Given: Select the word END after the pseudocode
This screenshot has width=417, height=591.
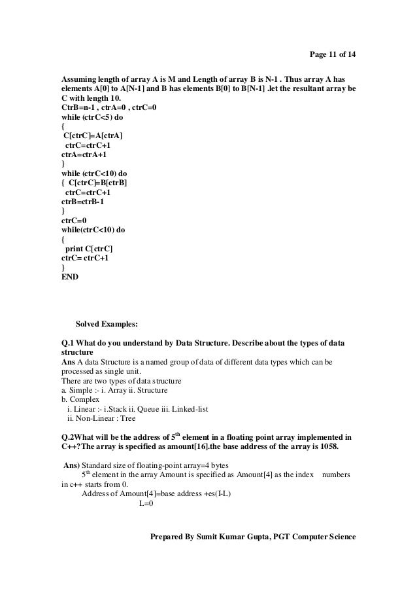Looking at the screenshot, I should [x=69, y=278].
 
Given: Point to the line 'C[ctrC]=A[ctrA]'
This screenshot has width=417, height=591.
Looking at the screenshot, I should [x=92, y=135].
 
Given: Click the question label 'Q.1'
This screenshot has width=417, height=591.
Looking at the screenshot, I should [x=67, y=344].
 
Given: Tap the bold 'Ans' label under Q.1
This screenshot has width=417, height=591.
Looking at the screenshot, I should [x=67, y=363].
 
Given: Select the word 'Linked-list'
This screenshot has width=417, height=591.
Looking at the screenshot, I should [x=188, y=409].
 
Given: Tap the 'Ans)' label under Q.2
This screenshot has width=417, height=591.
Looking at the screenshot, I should [x=69, y=466].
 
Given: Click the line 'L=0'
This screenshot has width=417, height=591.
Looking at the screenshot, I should [x=146, y=504].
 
